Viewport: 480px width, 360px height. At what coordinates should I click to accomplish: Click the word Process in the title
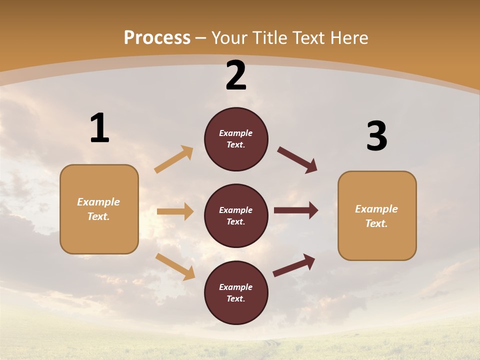coord(157,38)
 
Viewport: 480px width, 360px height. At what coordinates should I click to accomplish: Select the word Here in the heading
coord(348,38)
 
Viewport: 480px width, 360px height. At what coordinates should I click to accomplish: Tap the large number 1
coord(99,128)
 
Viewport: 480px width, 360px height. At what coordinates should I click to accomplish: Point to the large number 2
coord(236,75)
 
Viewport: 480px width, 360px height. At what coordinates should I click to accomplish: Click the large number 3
coord(376,136)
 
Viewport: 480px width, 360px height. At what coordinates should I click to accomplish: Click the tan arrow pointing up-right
coord(174,159)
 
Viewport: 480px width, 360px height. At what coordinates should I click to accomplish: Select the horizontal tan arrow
coord(175,211)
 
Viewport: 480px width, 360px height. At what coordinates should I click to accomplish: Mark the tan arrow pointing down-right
coord(175,266)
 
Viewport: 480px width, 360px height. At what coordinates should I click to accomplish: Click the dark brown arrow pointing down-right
coord(297,160)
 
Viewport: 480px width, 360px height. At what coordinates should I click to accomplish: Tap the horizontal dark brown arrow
coord(296,210)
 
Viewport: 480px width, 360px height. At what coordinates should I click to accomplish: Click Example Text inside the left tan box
coord(98,209)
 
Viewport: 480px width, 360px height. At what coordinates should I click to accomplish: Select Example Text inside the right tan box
coord(376,216)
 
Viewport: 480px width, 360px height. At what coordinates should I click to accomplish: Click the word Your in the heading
coord(230,38)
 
